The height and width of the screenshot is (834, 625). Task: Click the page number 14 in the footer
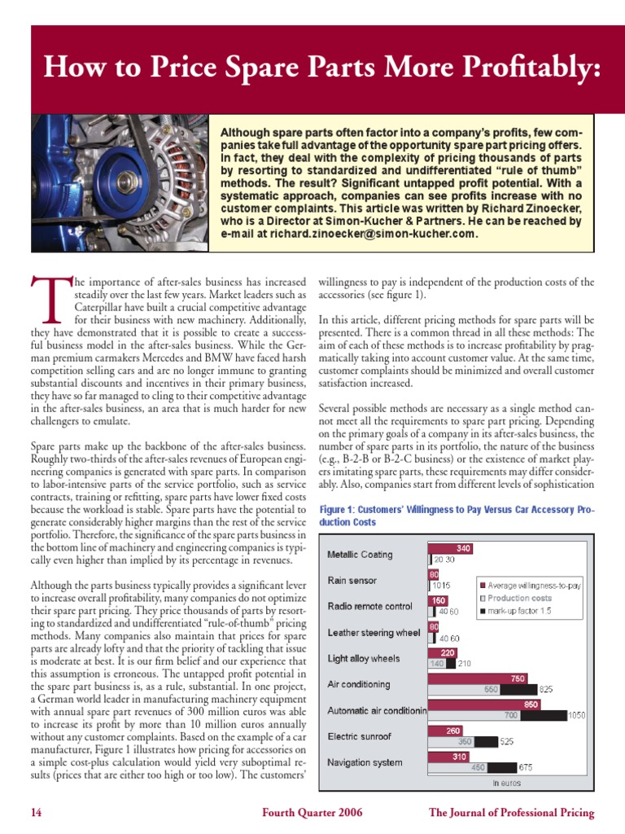[x=37, y=812]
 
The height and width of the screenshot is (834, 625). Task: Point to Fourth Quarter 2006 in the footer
[x=312, y=812]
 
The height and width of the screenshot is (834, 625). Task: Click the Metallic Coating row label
[x=360, y=555]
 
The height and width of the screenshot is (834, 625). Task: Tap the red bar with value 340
[x=451, y=548]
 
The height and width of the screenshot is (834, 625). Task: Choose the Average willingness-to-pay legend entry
[x=533, y=585]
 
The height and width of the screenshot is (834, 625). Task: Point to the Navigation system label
[x=365, y=762]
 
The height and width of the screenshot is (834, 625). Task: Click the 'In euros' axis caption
[x=506, y=783]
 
